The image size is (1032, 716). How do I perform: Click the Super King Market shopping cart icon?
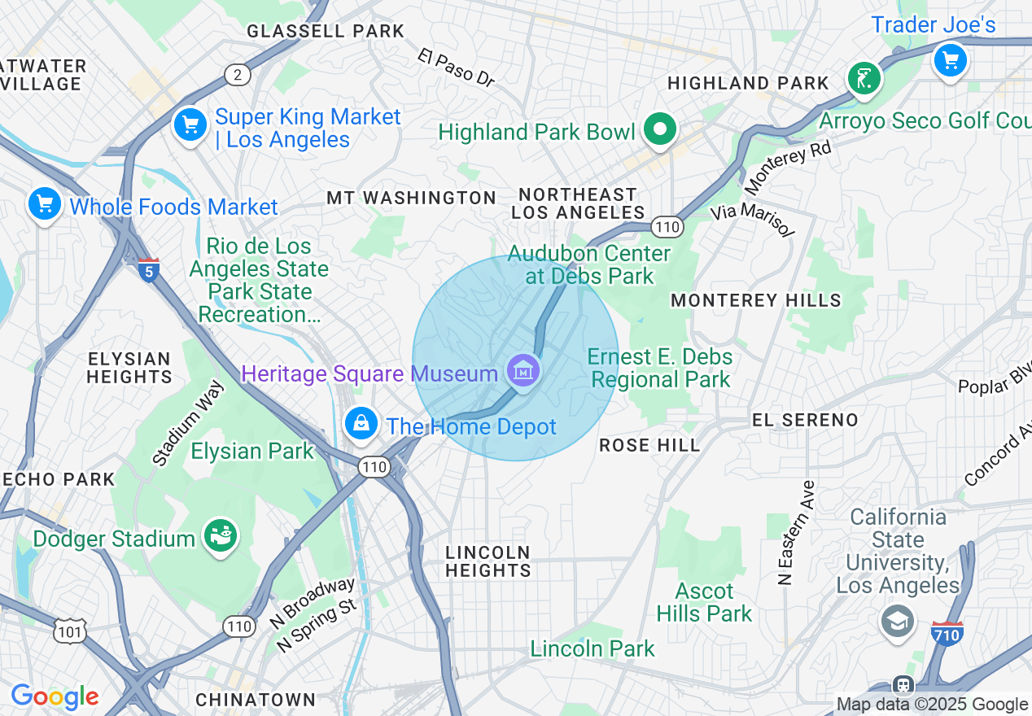pyautogui.click(x=190, y=125)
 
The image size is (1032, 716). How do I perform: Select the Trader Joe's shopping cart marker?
pyautogui.click(x=949, y=60)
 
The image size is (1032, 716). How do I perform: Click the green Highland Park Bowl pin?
pyautogui.click(x=660, y=129)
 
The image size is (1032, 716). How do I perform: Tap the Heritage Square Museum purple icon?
pyautogui.click(x=523, y=372)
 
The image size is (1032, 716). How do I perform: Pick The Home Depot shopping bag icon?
pyautogui.click(x=360, y=423)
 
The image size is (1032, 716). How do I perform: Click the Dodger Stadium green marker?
pyautogui.click(x=221, y=536)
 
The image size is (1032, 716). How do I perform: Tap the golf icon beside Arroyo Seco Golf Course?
pyautogui.click(x=864, y=79)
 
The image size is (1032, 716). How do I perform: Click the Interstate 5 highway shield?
pyautogui.click(x=148, y=270)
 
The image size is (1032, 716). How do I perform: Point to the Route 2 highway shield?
pyautogui.click(x=237, y=76)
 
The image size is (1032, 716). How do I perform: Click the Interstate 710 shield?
pyautogui.click(x=948, y=632)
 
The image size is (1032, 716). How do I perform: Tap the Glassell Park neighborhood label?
pyautogui.click(x=326, y=32)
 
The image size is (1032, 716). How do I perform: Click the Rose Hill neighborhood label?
pyautogui.click(x=649, y=445)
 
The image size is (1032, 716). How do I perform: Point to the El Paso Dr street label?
pyautogui.click(x=457, y=68)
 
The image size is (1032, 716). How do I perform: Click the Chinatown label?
pyautogui.click(x=256, y=700)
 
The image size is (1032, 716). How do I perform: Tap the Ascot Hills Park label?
pyautogui.click(x=704, y=602)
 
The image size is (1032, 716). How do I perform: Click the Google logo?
pyautogui.click(x=55, y=696)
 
